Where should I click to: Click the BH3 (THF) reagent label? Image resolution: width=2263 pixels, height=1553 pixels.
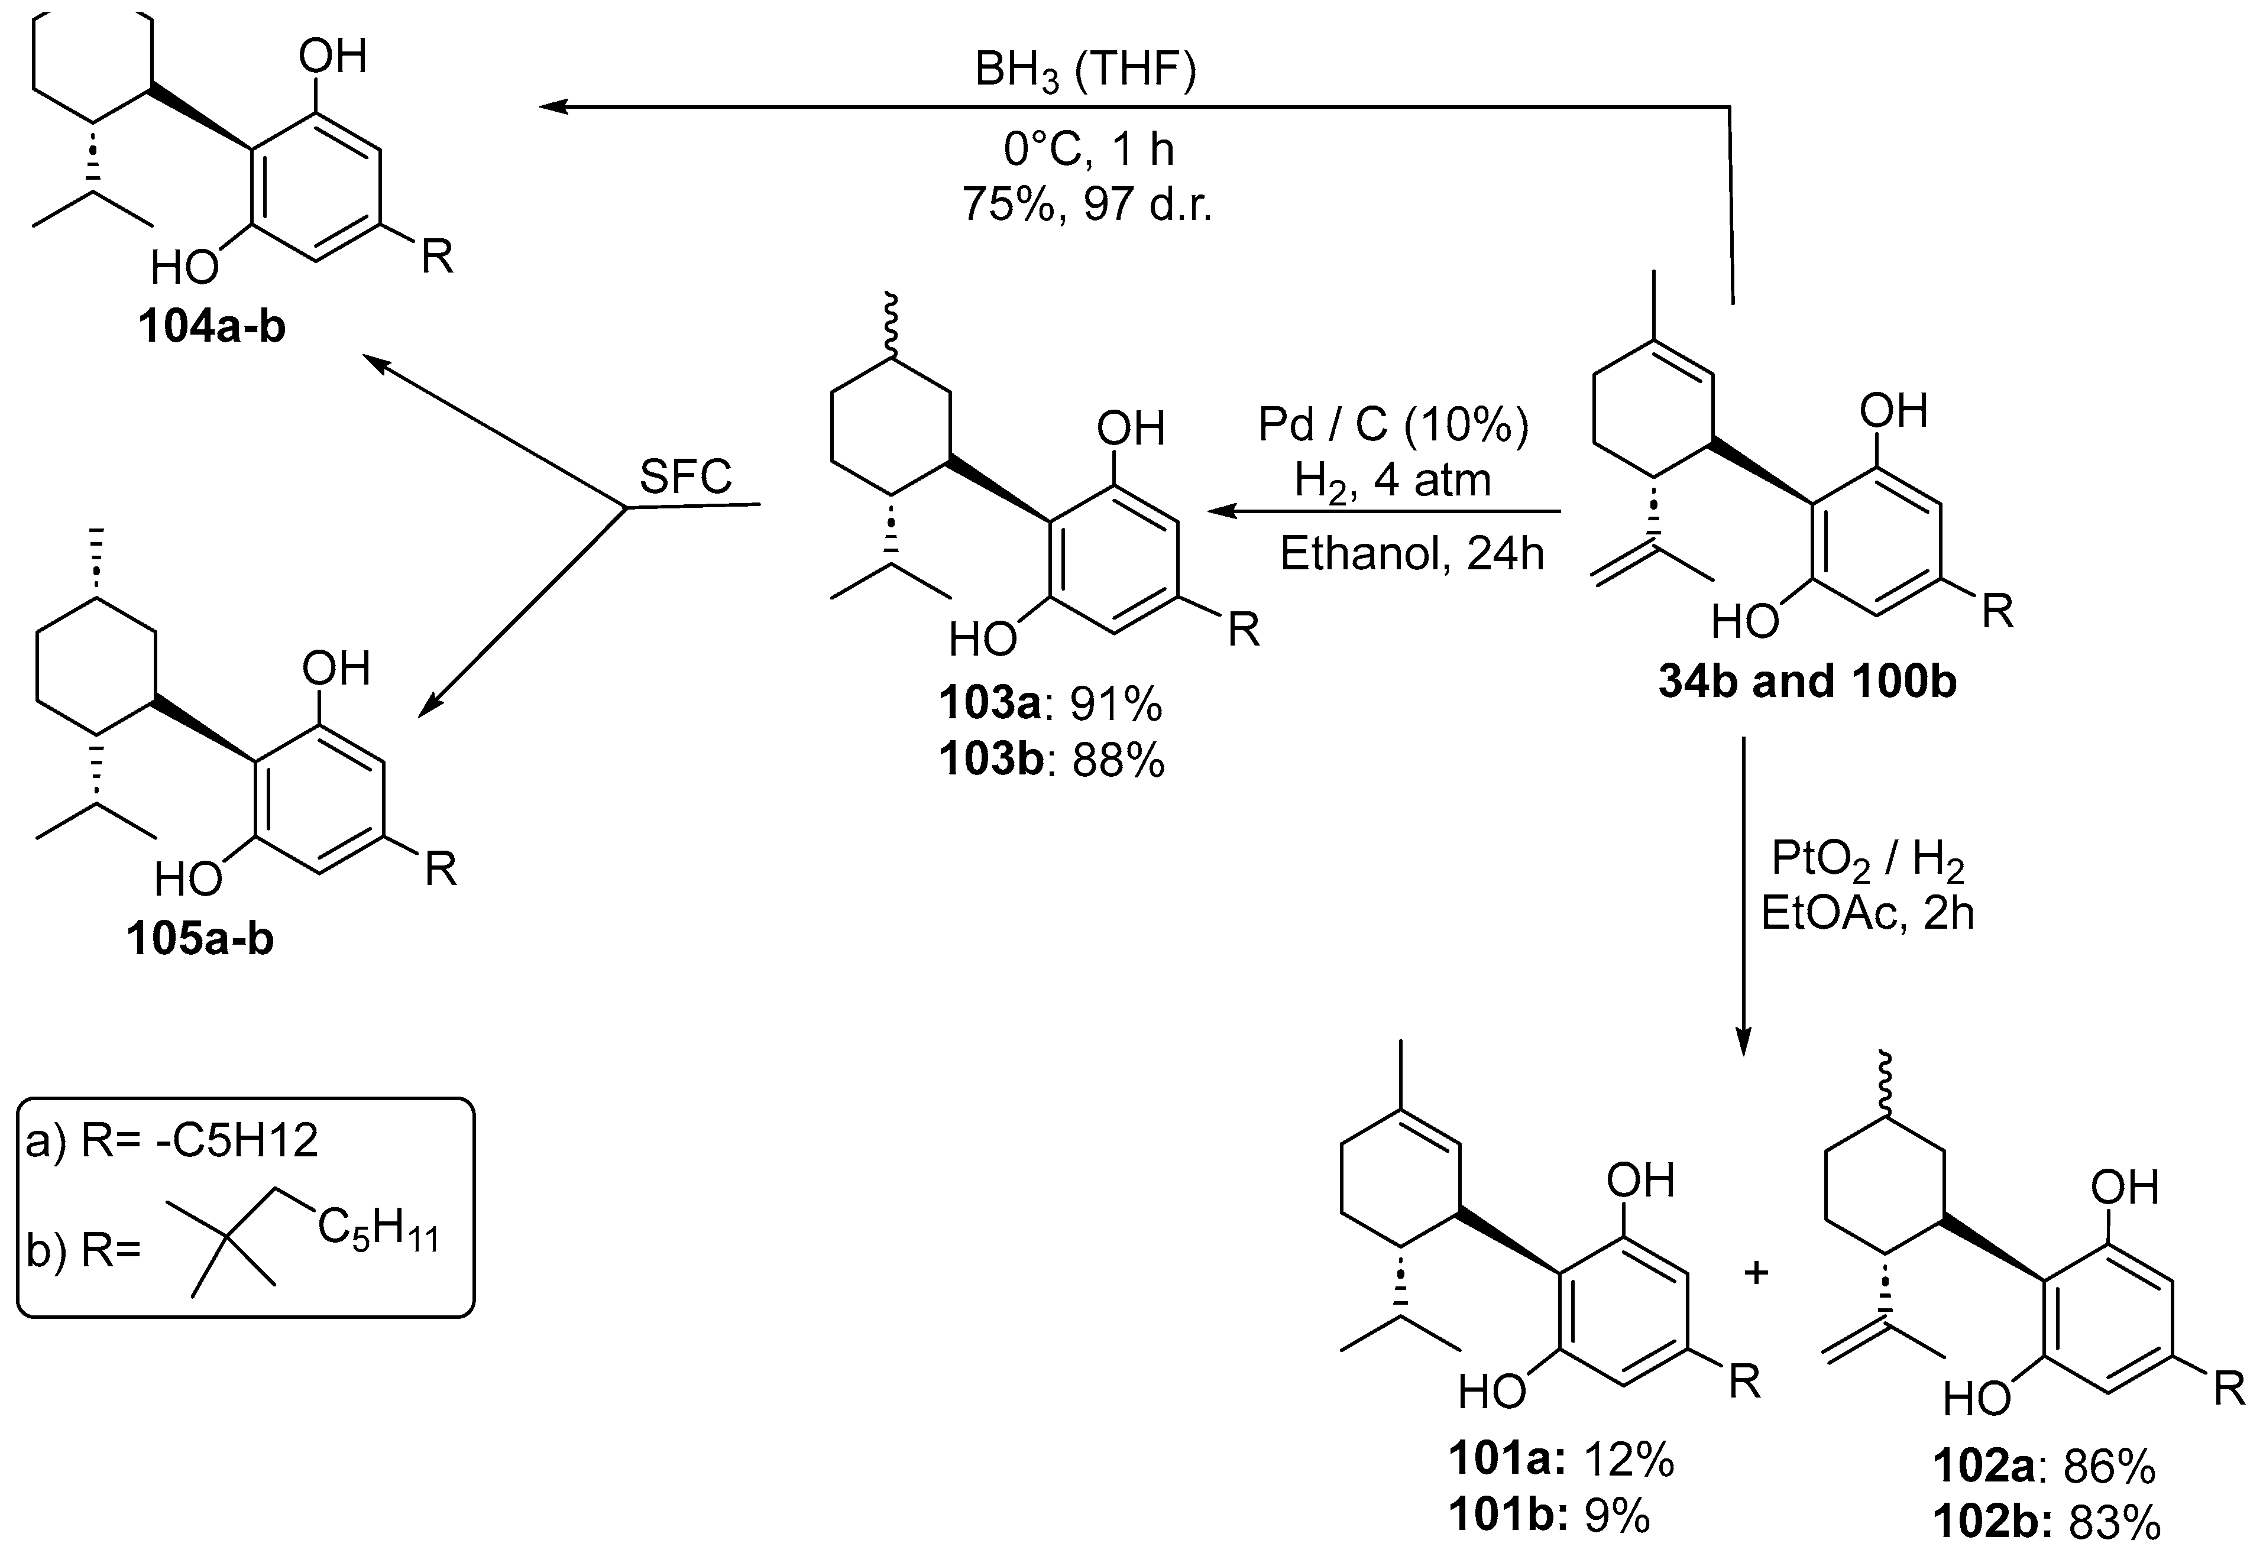1086,74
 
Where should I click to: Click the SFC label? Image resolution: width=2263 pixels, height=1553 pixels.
685,477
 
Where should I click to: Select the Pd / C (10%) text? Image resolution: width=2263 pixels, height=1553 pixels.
1393,426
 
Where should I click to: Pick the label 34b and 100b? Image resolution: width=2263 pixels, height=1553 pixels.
1807,682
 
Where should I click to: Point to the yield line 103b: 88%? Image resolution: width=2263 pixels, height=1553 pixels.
1051,760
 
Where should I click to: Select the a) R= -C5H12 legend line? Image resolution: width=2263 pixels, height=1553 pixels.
172,1140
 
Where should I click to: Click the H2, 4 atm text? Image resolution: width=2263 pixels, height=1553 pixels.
1393,481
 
